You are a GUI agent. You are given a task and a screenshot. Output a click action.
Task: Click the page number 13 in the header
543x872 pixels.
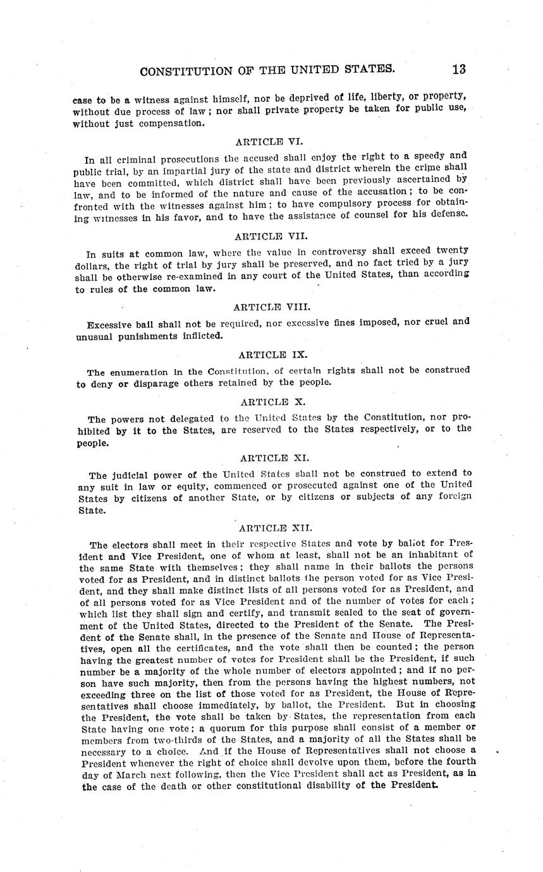(x=458, y=70)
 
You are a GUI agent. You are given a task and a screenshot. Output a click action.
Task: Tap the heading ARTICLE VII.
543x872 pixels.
(x=262, y=236)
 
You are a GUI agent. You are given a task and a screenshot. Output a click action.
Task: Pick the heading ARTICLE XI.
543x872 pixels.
(x=274, y=457)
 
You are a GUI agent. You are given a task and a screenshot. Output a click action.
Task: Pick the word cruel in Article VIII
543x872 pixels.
(x=430, y=321)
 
